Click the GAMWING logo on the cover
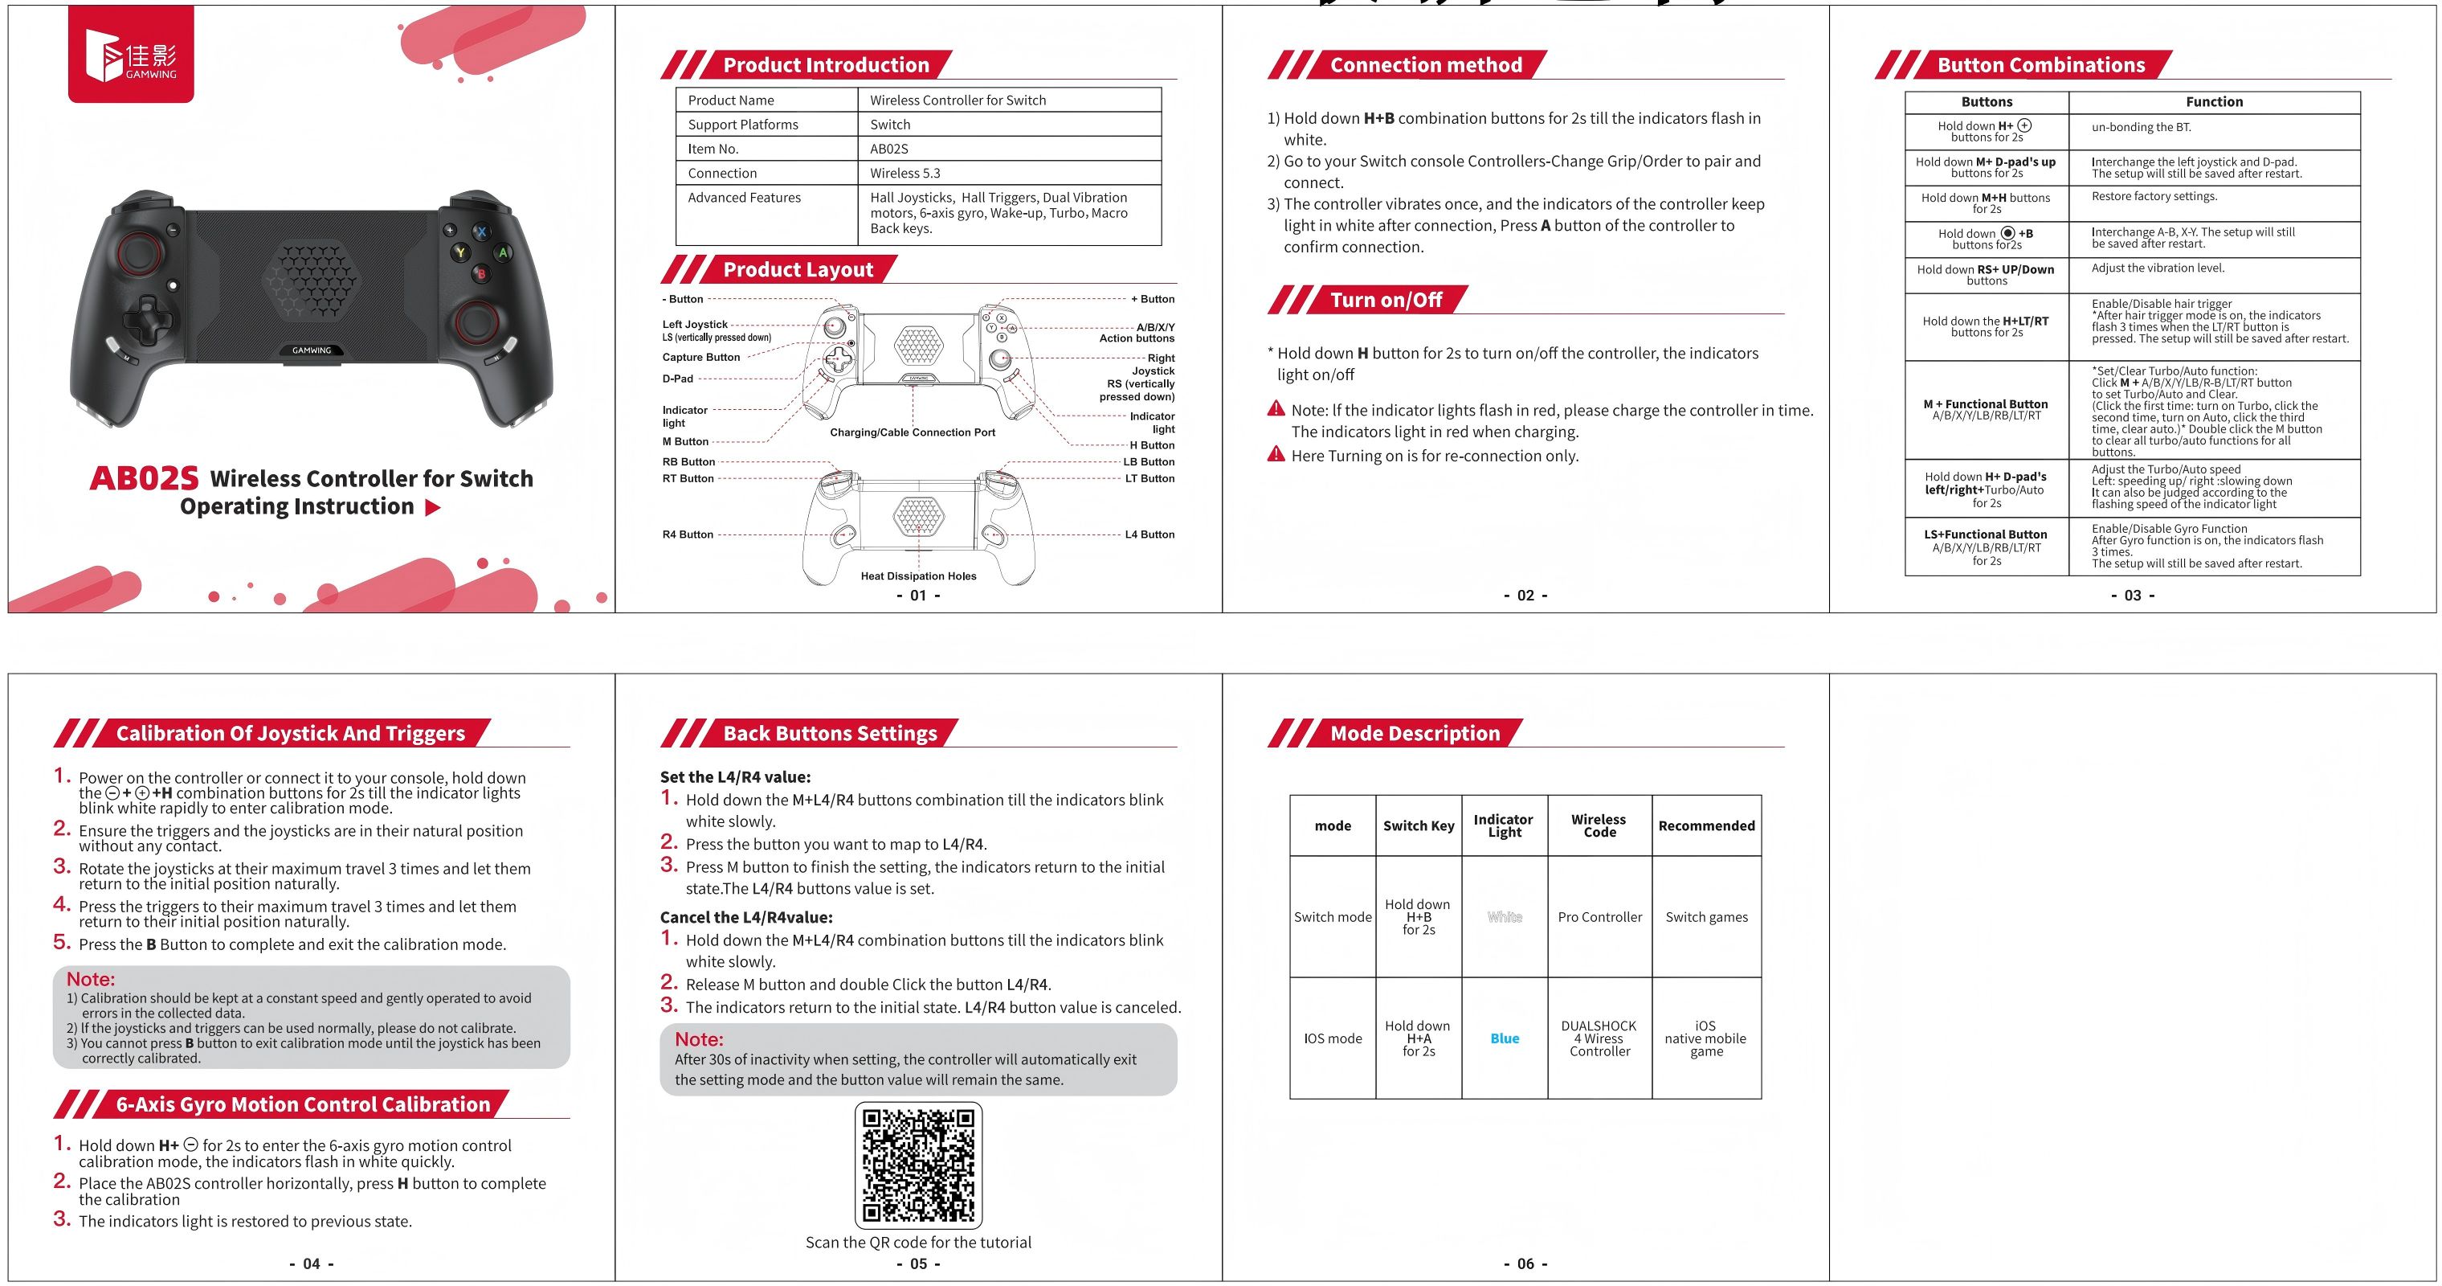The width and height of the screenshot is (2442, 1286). pos(131,55)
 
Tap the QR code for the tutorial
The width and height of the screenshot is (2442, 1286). pos(917,1165)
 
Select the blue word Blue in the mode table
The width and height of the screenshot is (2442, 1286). pos(1505,1038)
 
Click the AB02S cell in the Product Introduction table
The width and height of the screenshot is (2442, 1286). pos(889,149)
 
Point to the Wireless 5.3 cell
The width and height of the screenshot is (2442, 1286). pos(905,174)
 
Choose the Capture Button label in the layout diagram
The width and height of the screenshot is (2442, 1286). pos(700,358)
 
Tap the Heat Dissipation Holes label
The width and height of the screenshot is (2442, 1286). pos(917,575)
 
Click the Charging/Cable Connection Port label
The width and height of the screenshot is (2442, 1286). pos(912,432)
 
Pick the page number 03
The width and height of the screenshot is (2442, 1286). pos(2132,596)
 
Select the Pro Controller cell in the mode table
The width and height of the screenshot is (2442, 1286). pos(1599,917)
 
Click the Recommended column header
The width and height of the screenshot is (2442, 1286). pos(1706,826)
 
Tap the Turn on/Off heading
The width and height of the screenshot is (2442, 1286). pos(1385,301)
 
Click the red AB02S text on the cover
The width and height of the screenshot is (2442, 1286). pos(144,479)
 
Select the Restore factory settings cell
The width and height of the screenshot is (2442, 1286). pos(2154,197)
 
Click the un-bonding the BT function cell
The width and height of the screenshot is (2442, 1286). pos(2141,127)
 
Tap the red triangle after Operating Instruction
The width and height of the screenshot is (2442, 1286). pos(433,507)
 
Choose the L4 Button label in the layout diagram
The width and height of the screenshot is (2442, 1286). pos(1149,534)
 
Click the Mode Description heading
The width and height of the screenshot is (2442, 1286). pos(1415,733)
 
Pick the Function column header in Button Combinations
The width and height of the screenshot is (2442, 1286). pos(2214,102)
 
